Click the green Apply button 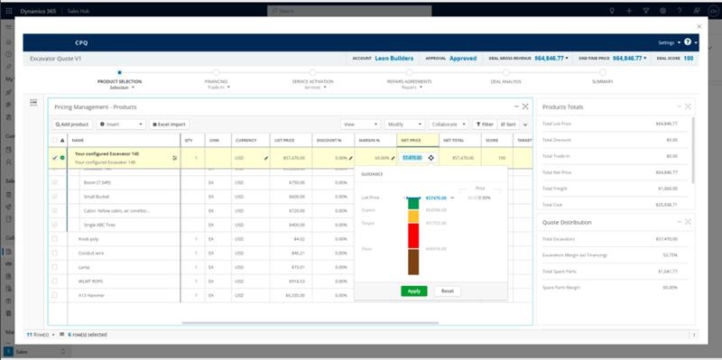click(414, 291)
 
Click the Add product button click(71, 124)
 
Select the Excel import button click(169, 124)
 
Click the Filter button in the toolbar click(485, 124)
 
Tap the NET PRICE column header click(411, 140)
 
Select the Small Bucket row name click(96, 196)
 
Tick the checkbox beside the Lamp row click(55, 267)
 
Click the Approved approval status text click(463, 58)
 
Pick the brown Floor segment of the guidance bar click(412, 262)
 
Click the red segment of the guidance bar click(412, 235)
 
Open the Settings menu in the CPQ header click(669, 42)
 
